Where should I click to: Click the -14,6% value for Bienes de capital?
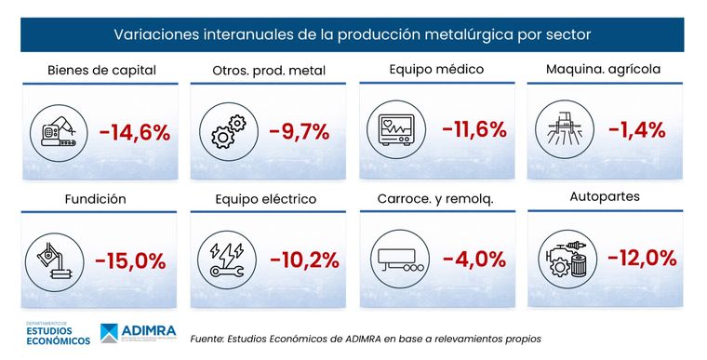tap(134, 133)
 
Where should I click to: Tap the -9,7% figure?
tap(299, 132)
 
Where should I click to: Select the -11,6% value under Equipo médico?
tap(474, 129)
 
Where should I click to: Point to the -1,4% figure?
tap(637, 129)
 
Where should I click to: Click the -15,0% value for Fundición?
tap(131, 260)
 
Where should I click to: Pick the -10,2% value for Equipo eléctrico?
tap(304, 260)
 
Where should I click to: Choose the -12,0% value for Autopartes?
tap(642, 259)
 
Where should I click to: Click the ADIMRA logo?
tap(140, 333)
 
